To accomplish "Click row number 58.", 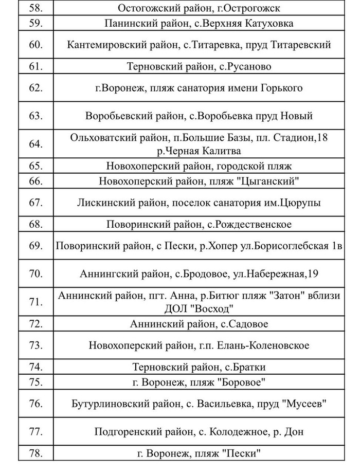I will coord(35,8).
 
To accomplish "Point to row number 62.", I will coord(35,88).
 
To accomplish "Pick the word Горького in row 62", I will coord(282,88).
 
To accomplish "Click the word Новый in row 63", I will coord(297,116).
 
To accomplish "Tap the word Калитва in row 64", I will coord(223,151).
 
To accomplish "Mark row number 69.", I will coord(35,246).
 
